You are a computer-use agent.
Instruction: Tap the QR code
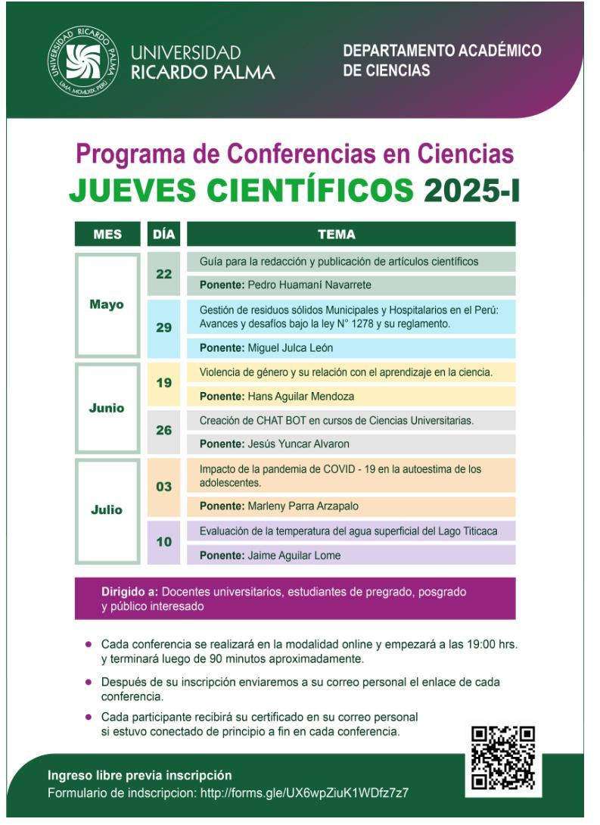click(x=502, y=758)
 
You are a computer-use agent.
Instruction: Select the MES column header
click(x=107, y=234)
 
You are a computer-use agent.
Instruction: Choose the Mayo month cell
click(x=107, y=305)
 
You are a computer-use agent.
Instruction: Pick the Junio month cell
click(x=107, y=408)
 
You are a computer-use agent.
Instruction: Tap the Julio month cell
click(x=107, y=509)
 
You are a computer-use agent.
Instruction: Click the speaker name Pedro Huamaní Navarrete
click(x=291, y=285)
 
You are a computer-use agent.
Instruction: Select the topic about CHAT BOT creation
click(x=337, y=421)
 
